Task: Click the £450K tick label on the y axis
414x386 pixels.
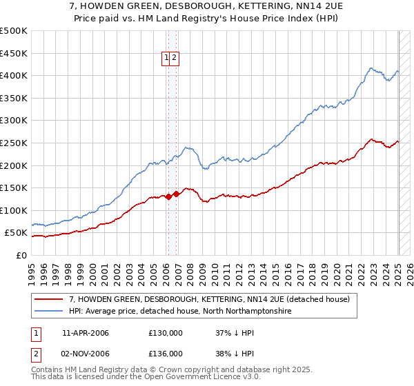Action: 14,53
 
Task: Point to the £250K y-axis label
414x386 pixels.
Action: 14,143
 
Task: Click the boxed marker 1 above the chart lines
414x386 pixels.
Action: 167,59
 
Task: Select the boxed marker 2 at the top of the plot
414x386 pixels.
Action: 175,59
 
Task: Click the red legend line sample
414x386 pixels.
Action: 49,299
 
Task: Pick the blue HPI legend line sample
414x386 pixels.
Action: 49,312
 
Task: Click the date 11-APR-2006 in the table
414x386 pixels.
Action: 86,333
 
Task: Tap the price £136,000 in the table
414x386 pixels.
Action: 166,354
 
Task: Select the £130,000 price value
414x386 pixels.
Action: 166,333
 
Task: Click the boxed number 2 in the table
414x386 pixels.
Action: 35,354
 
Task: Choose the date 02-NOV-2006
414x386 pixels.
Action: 86,354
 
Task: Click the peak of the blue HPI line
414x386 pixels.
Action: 371,68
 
